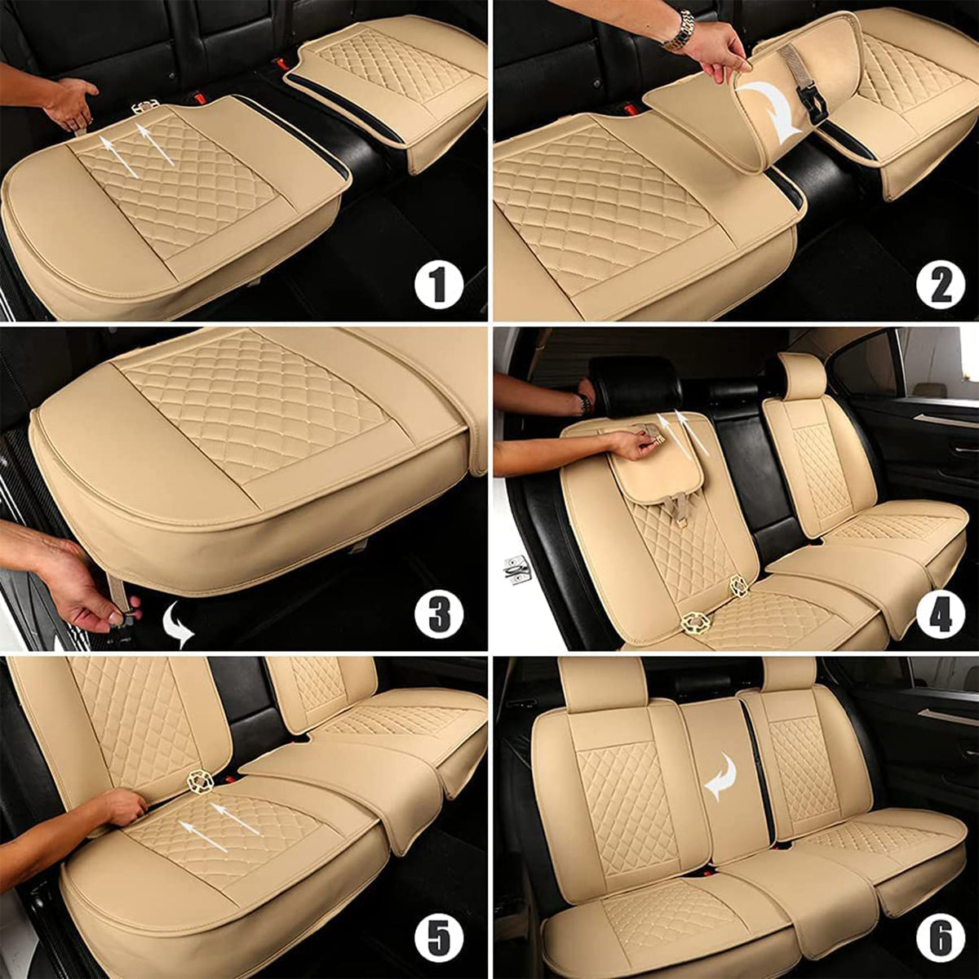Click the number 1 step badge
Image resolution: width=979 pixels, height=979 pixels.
pyautogui.click(x=439, y=286)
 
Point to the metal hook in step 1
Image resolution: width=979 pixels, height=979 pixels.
pyautogui.click(x=145, y=106)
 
